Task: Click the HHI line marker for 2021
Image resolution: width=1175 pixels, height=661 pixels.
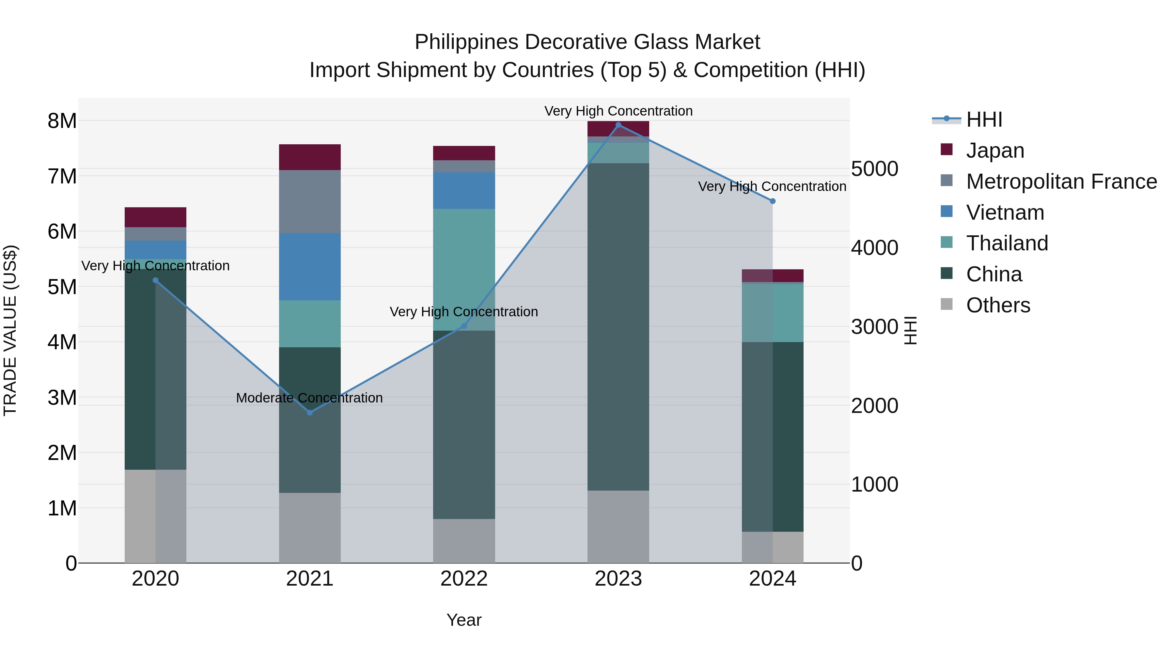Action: pyautogui.click(x=310, y=412)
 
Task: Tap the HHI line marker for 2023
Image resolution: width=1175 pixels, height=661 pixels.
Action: pyautogui.click(x=618, y=125)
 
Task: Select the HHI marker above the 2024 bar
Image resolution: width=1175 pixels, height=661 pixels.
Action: pyautogui.click(x=772, y=201)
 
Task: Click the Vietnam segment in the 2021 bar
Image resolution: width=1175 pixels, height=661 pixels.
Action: pyautogui.click(x=310, y=267)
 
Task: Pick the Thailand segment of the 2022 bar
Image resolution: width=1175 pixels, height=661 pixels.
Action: pyautogui.click(x=464, y=270)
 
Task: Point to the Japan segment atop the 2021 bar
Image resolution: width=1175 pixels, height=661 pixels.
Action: pyautogui.click(x=310, y=157)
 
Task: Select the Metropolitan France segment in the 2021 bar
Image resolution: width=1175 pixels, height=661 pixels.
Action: pyautogui.click(x=310, y=202)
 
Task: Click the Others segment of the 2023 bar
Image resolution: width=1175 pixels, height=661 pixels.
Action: pyautogui.click(x=618, y=527)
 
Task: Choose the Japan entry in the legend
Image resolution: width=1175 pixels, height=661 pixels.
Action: pyautogui.click(x=995, y=150)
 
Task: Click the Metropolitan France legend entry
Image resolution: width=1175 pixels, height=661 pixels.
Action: pyautogui.click(x=1061, y=181)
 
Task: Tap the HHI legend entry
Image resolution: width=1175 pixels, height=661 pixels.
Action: pyautogui.click(x=984, y=119)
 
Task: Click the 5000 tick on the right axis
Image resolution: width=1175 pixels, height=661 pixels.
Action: pyautogui.click(x=874, y=169)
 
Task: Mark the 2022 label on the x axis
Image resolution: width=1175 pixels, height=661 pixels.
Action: pyautogui.click(x=464, y=579)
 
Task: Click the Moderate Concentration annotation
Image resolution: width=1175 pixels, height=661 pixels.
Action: pyautogui.click(x=309, y=398)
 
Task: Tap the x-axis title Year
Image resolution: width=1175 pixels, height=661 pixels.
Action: pyautogui.click(x=464, y=620)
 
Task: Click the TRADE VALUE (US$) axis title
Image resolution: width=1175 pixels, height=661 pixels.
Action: pyautogui.click(x=10, y=330)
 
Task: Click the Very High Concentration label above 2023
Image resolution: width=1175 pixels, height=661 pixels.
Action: pyautogui.click(x=618, y=111)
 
